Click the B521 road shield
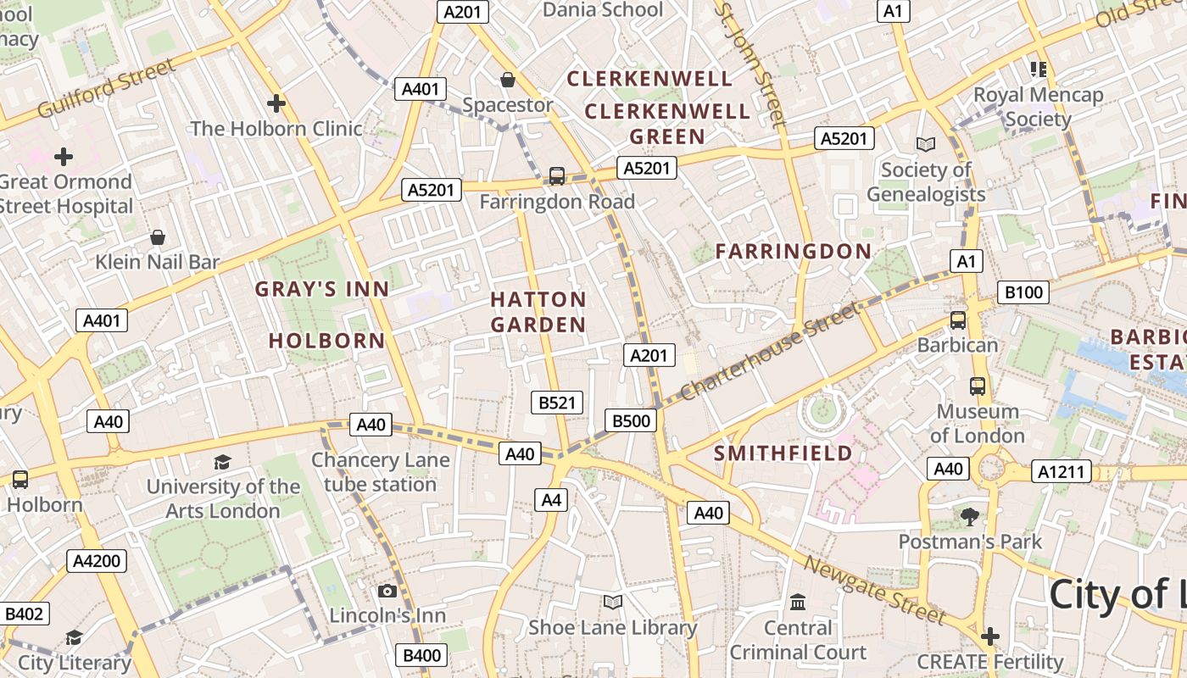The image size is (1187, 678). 557,403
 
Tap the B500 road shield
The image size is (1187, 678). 631,420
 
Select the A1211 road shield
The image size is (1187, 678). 1061,471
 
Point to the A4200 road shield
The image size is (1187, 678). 97,560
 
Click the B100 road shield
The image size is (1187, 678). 1023,292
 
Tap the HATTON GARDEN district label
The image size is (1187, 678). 538,312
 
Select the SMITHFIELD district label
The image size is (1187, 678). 783,453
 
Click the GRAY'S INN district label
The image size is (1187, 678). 322,289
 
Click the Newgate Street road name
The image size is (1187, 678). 873,590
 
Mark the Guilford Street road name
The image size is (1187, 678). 107,88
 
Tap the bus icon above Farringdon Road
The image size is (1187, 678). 556,176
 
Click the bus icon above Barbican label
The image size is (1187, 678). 958,320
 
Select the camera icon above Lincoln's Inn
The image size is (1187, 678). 387,591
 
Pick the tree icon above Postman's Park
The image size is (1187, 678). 969,516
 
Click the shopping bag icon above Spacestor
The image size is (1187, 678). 508,80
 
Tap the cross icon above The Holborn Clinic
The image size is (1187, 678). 276,103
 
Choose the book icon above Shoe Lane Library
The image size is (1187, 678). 612,602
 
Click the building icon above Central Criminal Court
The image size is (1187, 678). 798,603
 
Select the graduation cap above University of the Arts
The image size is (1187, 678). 222,462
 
